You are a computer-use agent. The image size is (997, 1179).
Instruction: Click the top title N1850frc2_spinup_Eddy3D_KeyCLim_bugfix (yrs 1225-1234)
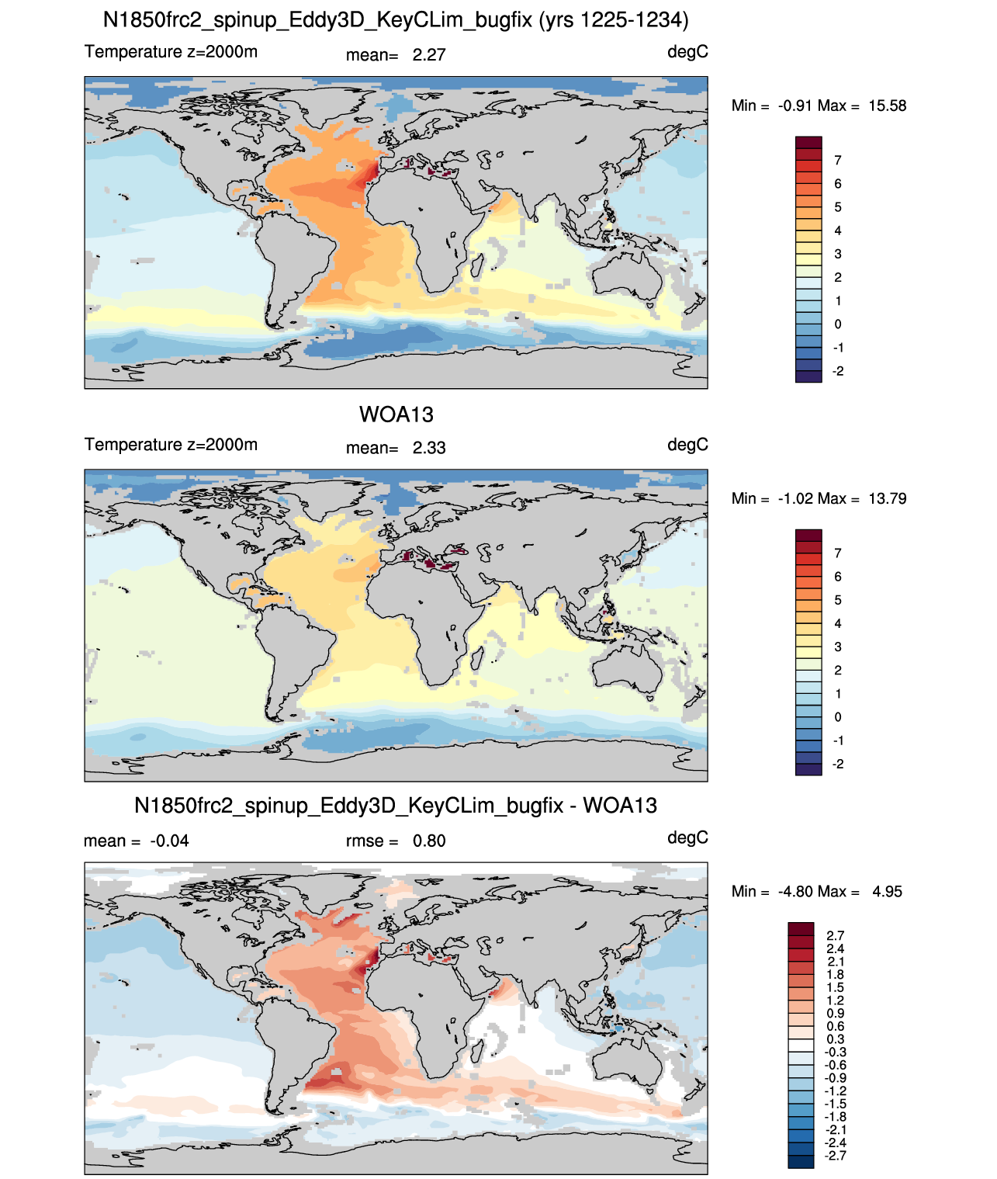pos(396,20)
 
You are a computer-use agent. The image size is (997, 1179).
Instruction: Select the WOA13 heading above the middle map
pos(396,414)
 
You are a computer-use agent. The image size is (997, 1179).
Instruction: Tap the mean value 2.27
pos(428,55)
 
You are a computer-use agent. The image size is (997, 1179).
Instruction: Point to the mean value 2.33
pos(428,448)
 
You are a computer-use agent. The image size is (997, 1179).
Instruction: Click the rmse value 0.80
pos(428,841)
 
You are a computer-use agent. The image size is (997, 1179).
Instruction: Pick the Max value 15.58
pos(887,106)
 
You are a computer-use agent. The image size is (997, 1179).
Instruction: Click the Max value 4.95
pos(887,892)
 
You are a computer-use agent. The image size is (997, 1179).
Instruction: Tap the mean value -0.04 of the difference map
pos(169,841)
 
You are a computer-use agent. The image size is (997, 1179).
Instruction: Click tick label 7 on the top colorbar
pos(837,161)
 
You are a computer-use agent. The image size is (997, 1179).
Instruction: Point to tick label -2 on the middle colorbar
pos(837,764)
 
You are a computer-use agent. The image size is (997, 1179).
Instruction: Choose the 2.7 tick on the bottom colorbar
pos(835,935)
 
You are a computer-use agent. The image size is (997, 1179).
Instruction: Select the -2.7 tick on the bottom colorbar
pos(835,1156)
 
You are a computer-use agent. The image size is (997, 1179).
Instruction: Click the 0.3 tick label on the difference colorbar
pos(835,1039)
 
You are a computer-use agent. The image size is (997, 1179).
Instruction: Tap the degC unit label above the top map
pos(687,52)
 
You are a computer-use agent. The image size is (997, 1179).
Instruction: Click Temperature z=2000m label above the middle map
pos(171,444)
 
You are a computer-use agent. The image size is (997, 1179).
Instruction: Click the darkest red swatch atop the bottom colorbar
pos(801,928)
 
